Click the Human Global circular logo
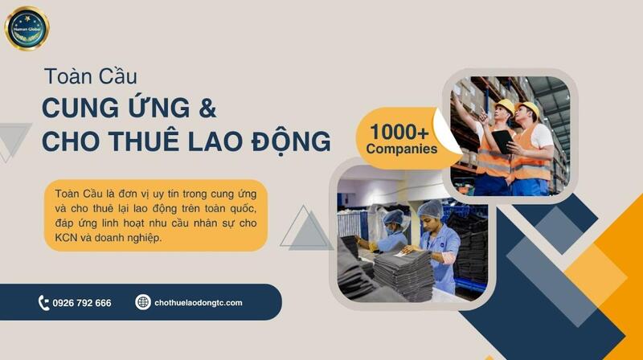(27, 29)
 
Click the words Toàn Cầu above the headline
(90, 77)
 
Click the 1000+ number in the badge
(401, 130)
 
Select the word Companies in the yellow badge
(401, 149)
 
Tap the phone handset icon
(43, 303)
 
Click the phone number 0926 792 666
(81, 303)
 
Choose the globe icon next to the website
(143, 303)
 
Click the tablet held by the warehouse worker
(503, 141)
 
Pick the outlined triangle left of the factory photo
(305, 229)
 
